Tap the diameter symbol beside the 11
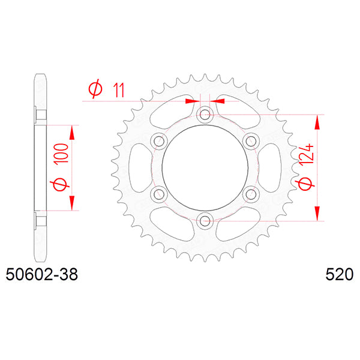pyautogui.click(x=95, y=90)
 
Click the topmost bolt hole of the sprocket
pyautogui.click(x=205, y=114)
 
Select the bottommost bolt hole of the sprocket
pyautogui.click(x=205, y=221)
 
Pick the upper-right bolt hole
pyautogui.click(x=251, y=141)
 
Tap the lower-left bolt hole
pyautogui.click(x=159, y=194)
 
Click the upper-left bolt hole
pyautogui.click(x=159, y=141)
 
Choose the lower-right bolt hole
pyautogui.click(x=251, y=194)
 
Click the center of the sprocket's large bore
pyautogui.click(x=205, y=167)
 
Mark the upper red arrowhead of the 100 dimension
pyautogui.click(x=73, y=132)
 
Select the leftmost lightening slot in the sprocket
pyautogui.click(x=135, y=167)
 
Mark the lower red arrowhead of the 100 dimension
pyautogui.click(x=73, y=204)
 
